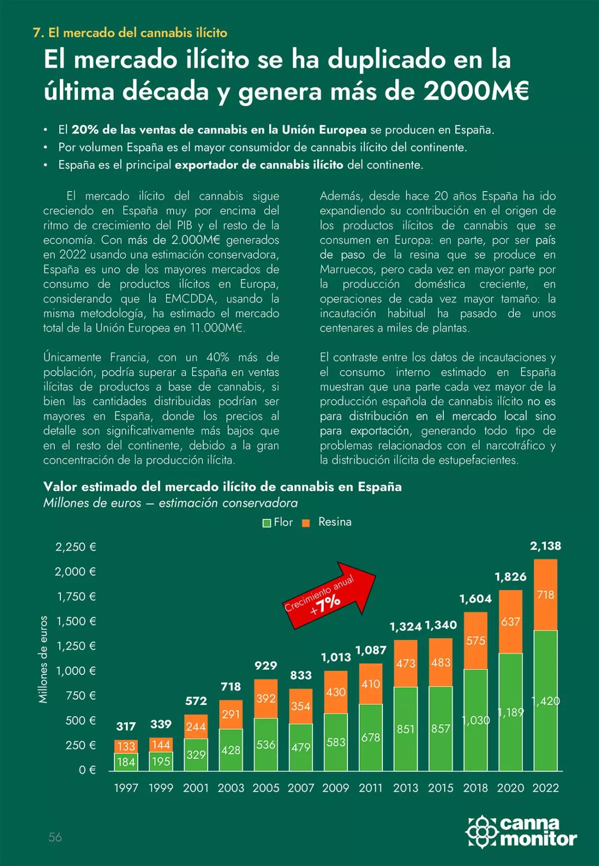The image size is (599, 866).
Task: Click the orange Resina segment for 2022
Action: (545, 595)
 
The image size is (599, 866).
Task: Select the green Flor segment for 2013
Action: (405, 729)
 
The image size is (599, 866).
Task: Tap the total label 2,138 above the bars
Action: (545, 546)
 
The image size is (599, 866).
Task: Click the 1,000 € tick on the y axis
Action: (76, 671)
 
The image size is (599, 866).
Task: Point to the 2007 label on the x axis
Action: (300, 788)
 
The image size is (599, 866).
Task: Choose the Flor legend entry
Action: (278, 522)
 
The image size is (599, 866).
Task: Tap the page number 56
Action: (55, 837)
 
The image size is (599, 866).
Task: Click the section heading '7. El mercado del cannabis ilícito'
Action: (130, 33)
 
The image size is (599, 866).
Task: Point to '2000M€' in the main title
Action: (476, 91)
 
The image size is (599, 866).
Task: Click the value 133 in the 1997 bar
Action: (126, 746)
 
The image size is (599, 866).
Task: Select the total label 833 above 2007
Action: (300, 675)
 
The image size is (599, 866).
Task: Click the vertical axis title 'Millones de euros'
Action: (43, 659)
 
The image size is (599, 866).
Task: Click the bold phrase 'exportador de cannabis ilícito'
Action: (259, 165)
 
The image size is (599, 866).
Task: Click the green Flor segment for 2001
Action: (196, 755)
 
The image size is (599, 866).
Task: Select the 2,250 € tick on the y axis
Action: (76, 547)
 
